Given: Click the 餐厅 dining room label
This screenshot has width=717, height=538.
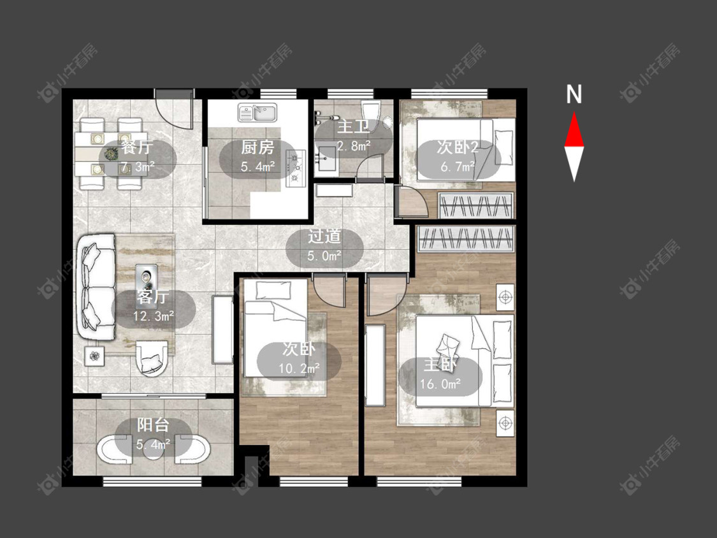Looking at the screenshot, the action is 137,148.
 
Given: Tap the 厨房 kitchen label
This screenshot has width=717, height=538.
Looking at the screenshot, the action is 257,147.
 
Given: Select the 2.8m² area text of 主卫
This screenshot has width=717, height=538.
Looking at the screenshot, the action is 354,146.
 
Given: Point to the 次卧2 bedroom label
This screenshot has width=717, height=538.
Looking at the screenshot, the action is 457,147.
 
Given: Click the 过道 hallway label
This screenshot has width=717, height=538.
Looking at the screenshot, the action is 324,236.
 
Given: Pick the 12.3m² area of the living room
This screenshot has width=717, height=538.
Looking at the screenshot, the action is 153,316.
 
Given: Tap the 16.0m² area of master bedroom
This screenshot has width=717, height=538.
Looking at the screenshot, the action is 440,384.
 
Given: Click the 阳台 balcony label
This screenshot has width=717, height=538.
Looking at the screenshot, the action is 153,425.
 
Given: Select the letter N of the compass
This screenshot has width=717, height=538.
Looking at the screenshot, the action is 574,94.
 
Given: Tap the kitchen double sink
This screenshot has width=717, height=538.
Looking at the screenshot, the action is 258,113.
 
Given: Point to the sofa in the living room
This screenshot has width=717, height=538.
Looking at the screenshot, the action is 96,287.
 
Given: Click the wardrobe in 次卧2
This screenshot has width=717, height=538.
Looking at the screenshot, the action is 476,205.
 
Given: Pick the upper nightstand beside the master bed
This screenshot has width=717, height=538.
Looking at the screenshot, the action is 505,297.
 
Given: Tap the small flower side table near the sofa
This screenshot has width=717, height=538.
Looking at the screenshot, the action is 95,356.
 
